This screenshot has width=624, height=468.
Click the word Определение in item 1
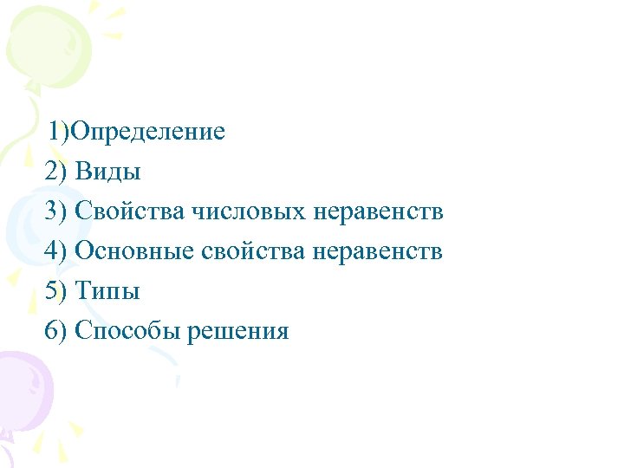148,132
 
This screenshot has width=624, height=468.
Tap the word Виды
107,172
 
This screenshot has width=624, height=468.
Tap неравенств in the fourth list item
378,251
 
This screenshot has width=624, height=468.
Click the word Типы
107,291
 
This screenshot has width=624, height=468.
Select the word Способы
127,331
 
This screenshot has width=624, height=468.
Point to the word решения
237,331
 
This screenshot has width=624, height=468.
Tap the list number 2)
55,172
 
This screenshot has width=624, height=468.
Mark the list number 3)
55,211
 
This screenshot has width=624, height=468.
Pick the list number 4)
55,251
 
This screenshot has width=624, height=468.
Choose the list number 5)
55,291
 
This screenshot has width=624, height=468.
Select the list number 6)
55,331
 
